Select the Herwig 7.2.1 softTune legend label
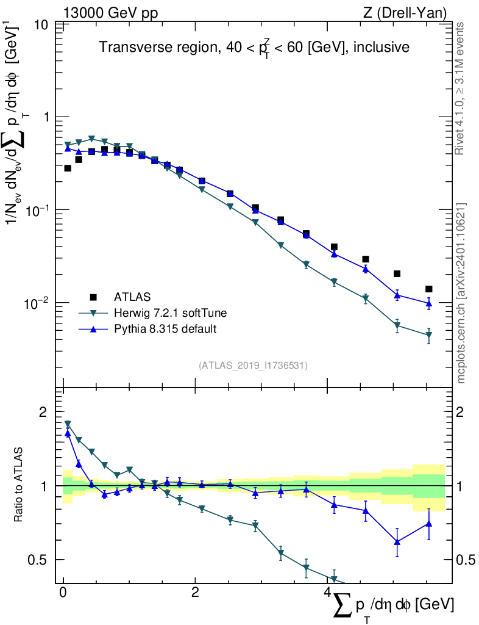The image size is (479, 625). point(171,313)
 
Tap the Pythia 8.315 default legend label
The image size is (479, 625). point(165,329)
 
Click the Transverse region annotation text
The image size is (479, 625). point(254,47)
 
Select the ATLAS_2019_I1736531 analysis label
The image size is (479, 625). point(253,366)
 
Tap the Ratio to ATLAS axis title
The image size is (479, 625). point(20,485)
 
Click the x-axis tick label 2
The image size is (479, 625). point(195,593)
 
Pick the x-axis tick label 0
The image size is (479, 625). point(63,593)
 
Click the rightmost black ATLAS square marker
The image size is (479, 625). point(429,289)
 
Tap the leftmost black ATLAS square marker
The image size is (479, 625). point(68,168)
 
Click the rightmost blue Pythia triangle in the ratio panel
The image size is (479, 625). point(429,523)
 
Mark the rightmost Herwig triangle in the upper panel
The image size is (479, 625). point(429,335)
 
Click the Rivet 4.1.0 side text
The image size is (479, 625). point(461,89)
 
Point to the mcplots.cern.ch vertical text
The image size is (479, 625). point(461,293)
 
